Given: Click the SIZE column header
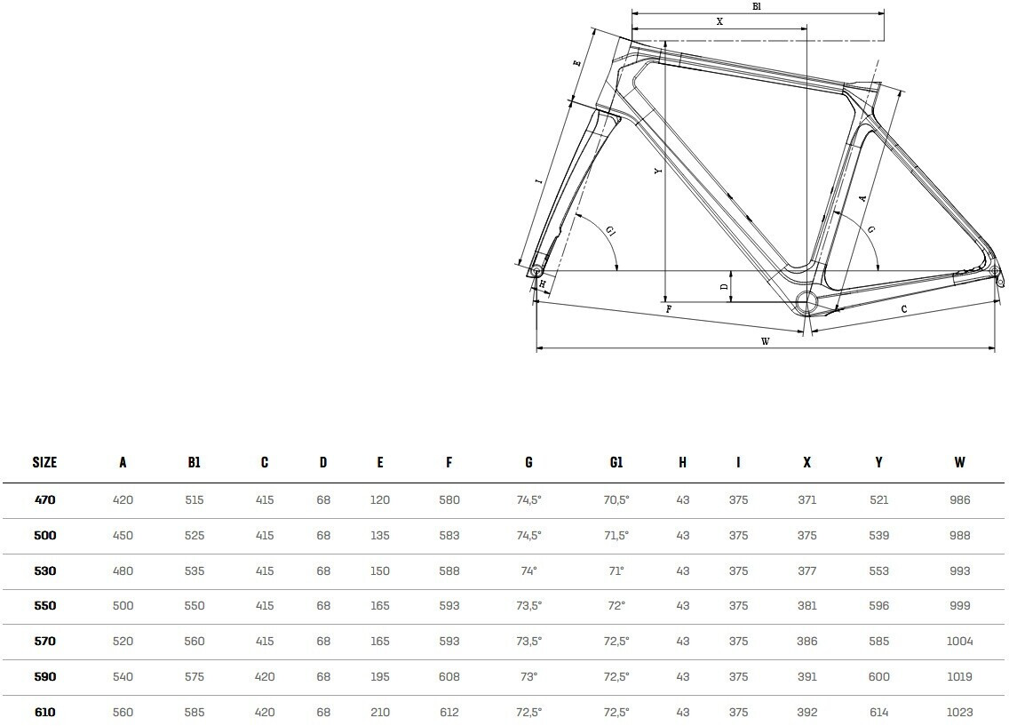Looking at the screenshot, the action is coord(44,462).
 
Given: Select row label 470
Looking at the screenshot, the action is coord(44,500).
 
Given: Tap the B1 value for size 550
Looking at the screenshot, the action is coord(194,606).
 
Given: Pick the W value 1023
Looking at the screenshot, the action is coord(959,713).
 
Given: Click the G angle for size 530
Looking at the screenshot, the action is coord(528,570).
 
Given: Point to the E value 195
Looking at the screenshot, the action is coord(380,677).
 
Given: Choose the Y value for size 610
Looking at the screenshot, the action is coord(878,713).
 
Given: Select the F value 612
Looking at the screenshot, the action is coord(449,713).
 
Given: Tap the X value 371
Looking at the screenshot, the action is coord(806,500).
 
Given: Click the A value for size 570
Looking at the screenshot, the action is coord(123,642).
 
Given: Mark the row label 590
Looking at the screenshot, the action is coord(44,677).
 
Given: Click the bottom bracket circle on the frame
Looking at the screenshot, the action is coord(806,301).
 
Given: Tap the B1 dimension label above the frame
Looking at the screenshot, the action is coord(757,6).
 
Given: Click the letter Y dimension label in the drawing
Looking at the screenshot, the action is coord(657,172).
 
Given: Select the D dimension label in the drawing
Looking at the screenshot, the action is coord(724,286).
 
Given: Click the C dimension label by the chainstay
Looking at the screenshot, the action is coord(903,309).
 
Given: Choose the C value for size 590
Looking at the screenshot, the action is coord(265,677).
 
